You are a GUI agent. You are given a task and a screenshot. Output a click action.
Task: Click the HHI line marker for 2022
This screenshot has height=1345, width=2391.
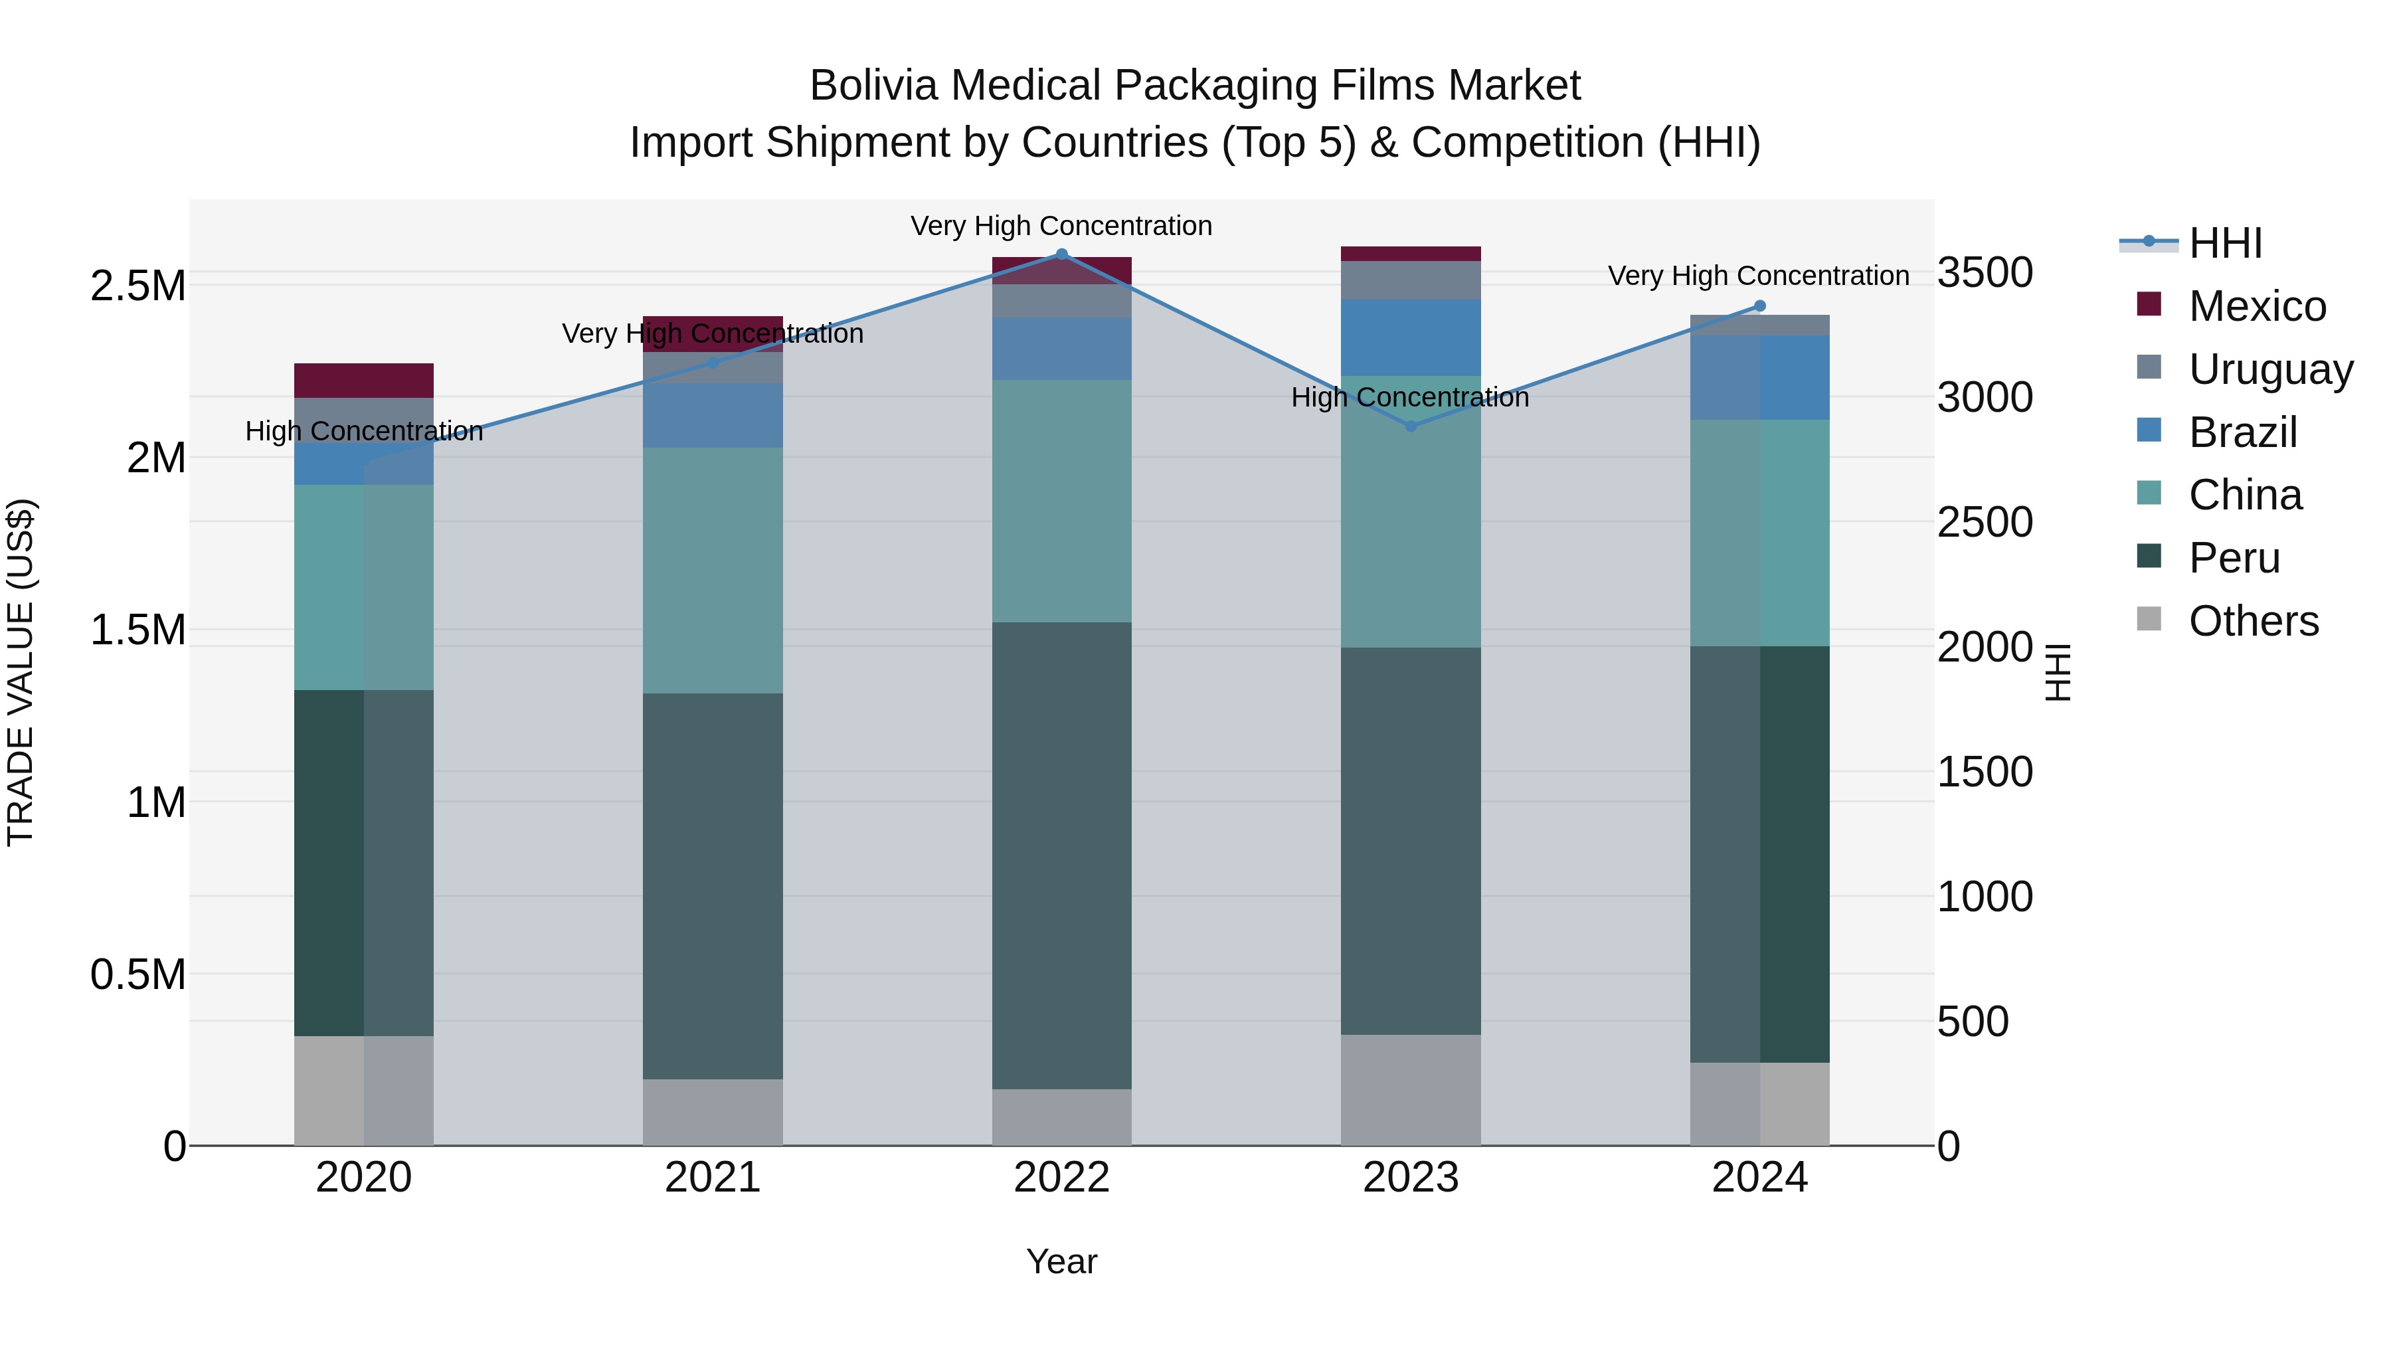(x=1062, y=254)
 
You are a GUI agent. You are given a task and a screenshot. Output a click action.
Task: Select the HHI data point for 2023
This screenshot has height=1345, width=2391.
(x=1411, y=426)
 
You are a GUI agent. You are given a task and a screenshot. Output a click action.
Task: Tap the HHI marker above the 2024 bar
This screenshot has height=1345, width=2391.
(x=1760, y=306)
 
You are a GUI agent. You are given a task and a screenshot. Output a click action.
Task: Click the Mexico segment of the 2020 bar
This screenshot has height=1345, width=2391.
(x=364, y=381)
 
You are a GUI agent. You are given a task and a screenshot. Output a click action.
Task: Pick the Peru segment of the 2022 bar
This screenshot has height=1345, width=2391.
(x=1062, y=854)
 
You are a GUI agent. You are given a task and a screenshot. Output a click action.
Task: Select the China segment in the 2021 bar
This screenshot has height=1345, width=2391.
(x=713, y=570)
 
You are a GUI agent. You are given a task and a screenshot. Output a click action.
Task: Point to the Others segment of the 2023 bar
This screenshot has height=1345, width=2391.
(x=1411, y=1090)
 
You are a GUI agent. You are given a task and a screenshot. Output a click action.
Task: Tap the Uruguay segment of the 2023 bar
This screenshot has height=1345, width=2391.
(x=1411, y=280)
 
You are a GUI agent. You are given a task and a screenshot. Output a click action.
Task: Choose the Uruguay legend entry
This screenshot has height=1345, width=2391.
(x=2270, y=369)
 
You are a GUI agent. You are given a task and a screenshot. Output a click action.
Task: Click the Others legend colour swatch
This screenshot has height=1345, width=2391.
(x=2149, y=619)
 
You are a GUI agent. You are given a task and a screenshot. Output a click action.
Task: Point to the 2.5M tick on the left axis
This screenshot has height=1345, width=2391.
(x=138, y=286)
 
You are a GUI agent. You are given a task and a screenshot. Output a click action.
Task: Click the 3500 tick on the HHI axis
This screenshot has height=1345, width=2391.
(x=1985, y=273)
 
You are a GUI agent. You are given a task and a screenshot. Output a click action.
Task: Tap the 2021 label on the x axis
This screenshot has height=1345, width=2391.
(x=713, y=1178)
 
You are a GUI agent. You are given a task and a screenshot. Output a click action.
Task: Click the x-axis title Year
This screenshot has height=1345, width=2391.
(x=1062, y=1261)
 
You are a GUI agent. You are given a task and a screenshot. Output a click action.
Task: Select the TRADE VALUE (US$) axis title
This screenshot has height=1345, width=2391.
(x=21, y=672)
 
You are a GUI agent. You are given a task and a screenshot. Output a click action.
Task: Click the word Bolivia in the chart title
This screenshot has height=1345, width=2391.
(x=873, y=86)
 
